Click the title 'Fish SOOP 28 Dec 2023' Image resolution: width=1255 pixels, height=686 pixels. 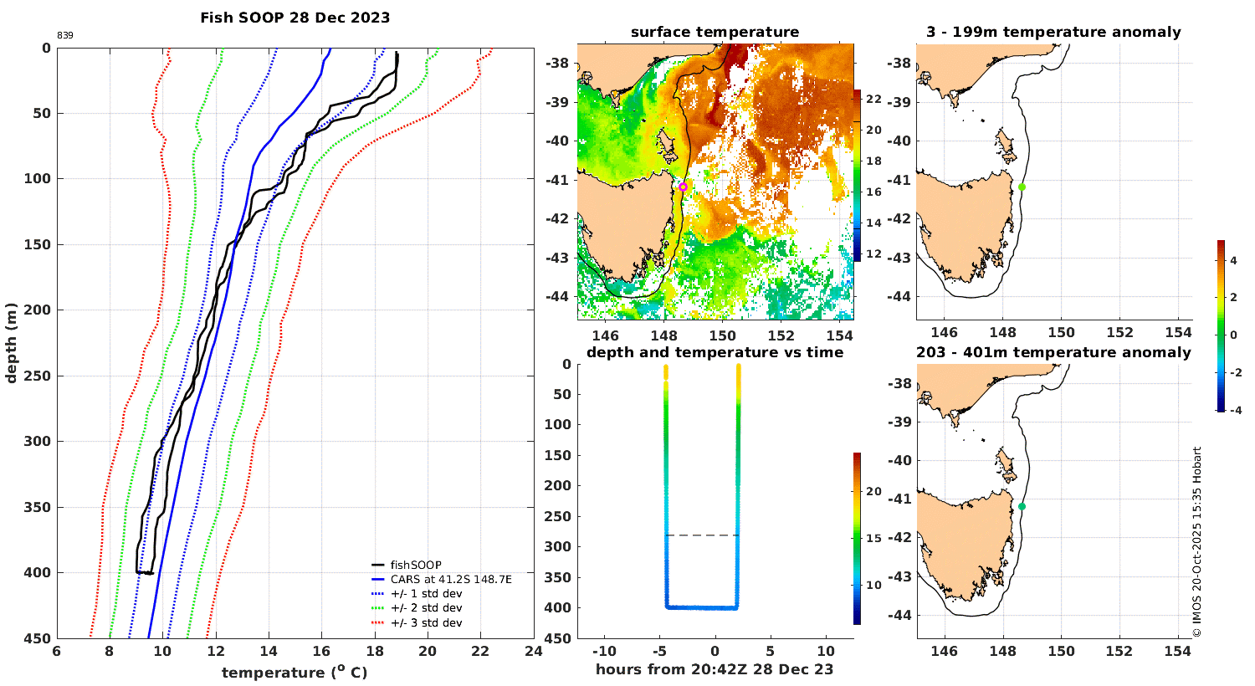pos(295,17)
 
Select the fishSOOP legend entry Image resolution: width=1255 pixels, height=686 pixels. pos(416,566)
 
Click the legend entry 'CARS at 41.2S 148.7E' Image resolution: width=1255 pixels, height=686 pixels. pos(451,580)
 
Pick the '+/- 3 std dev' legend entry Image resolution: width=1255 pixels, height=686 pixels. pos(426,623)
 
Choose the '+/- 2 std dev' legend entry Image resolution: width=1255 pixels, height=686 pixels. pos(426,608)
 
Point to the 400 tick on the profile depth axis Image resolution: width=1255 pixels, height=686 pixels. pos(40,573)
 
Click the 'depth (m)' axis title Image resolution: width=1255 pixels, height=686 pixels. pos(11,343)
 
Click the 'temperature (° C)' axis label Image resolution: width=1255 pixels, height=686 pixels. pos(295,673)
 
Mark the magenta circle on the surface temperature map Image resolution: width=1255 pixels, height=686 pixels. pos(683,187)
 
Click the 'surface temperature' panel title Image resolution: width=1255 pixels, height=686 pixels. pos(715,33)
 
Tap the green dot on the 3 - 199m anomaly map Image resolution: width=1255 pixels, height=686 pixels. pos(1022,187)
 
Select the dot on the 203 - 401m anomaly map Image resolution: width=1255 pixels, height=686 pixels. pos(1022,506)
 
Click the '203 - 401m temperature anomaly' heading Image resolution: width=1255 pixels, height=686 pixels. pos(1053,352)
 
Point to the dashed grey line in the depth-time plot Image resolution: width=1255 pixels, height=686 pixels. pos(702,535)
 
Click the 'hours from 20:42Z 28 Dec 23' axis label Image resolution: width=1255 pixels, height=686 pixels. pos(715,669)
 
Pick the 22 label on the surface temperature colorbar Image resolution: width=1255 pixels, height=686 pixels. pos(873,100)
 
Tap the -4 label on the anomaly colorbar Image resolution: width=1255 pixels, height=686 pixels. pos(1232,411)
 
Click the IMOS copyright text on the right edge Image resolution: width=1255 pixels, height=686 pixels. pos(1197,542)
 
